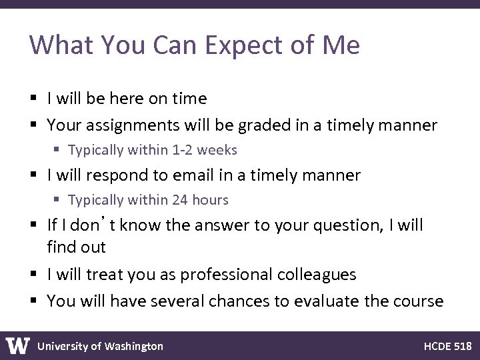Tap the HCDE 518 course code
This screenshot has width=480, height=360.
pos(447,346)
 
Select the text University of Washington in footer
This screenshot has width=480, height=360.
pos(100,346)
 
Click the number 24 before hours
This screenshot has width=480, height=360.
pos(180,200)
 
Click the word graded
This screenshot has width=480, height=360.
pos(242,125)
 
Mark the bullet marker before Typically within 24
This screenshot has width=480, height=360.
pos(59,200)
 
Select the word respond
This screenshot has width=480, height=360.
pos(108,175)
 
